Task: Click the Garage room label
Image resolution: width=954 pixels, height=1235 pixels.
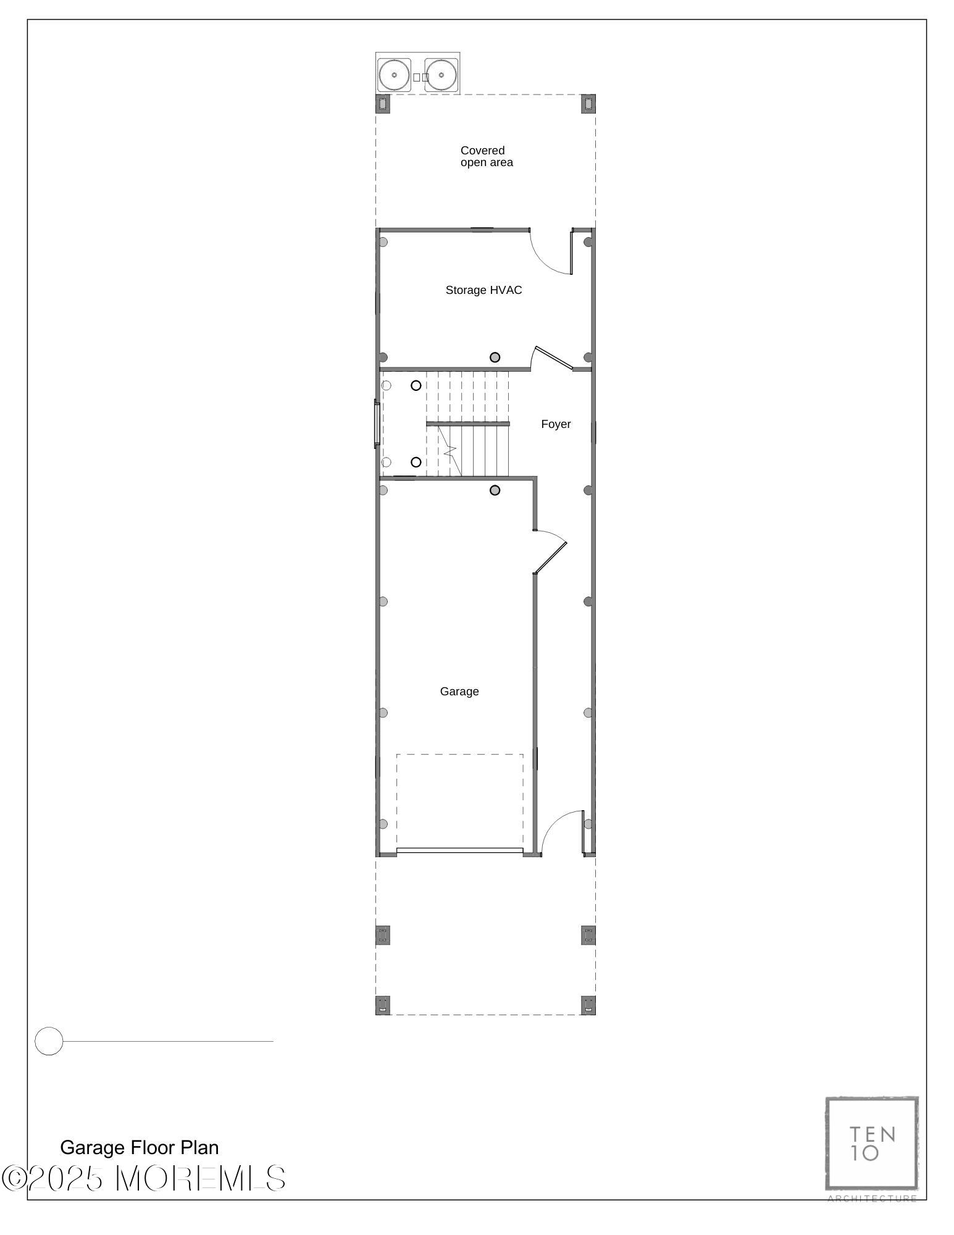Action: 459,692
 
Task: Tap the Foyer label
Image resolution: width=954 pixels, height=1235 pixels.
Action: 556,424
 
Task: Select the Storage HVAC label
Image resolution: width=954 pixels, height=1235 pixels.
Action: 483,290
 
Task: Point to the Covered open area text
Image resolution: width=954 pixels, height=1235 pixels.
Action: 487,156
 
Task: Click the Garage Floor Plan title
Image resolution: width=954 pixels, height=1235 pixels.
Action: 140,1147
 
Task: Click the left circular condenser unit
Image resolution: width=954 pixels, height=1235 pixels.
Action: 394,75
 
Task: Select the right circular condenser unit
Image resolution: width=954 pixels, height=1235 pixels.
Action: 441,75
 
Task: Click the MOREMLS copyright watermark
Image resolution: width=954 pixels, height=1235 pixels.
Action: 143,1178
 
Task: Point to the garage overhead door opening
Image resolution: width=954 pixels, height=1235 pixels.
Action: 459,850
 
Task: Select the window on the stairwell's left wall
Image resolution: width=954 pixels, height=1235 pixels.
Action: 377,424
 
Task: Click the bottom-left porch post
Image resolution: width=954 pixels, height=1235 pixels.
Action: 383,1005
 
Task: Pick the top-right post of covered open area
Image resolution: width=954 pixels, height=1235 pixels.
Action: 588,104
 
